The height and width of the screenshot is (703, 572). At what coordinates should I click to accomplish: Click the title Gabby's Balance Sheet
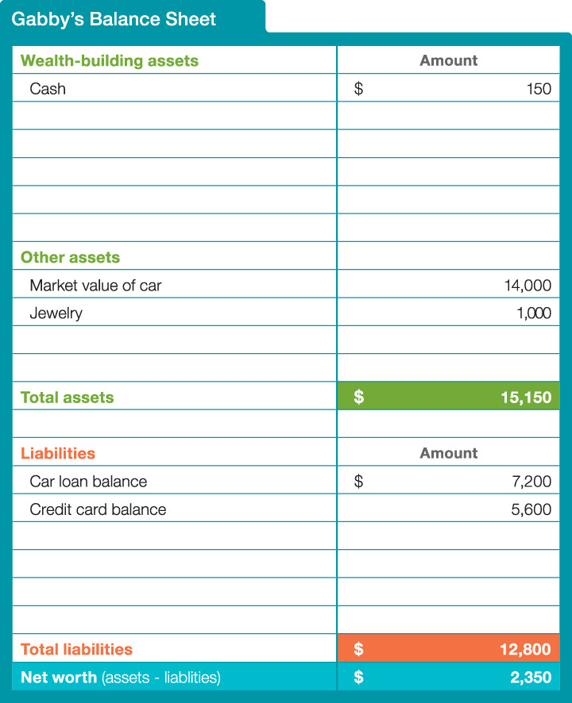tap(114, 20)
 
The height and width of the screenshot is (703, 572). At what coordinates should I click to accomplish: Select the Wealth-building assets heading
tap(109, 60)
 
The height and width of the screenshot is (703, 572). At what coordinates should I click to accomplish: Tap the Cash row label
tap(48, 89)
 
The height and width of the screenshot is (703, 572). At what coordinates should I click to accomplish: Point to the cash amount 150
tap(539, 89)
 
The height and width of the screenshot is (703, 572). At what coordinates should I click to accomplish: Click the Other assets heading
tap(70, 257)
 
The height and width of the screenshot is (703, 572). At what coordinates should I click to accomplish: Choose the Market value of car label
tap(95, 286)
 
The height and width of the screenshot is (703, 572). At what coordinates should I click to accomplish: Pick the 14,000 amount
tap(528, 286)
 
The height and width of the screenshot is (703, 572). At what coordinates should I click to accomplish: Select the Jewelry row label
tap(56, 313)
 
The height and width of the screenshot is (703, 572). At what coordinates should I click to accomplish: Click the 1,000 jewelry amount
tap(533, 313)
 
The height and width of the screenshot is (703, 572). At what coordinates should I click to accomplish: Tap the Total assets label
tap(67, 398)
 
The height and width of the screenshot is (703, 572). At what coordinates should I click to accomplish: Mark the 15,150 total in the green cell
tap(526, 398)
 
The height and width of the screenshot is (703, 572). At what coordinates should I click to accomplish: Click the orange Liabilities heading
tap(57, 453)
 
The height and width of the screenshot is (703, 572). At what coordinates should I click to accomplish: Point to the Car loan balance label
tap(88, 482)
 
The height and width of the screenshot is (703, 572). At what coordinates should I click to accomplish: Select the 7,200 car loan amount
tap(532, 482)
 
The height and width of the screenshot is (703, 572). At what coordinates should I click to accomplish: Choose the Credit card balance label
tap(98, 509)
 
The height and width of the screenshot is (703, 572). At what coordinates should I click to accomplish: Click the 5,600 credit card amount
tap(531, 509)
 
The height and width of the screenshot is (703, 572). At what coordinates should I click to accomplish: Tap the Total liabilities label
tap(76, 649)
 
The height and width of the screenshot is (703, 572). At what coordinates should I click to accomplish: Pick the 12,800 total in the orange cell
tap(525, 649)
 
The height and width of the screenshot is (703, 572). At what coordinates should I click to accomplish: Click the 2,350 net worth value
tap(530, 678)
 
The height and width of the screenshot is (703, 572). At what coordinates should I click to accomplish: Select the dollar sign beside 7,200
tap(358, 482)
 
